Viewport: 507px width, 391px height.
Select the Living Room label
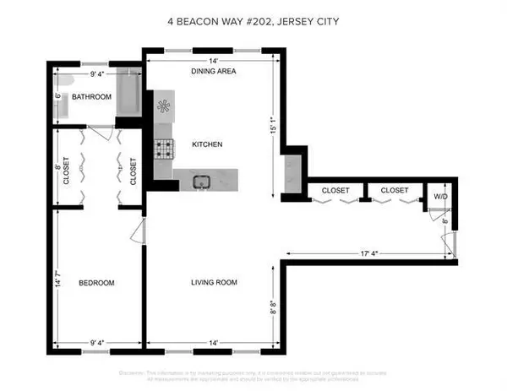[215, 282]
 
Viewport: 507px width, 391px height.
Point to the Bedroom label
[96, 282]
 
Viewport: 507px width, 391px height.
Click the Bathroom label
[91, 97]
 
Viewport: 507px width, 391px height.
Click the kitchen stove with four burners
[163, 149]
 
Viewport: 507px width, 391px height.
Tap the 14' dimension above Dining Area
[214, 61]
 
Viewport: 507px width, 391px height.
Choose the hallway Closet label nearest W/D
[393, 191]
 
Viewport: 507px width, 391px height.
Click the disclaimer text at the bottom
[253, 374]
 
